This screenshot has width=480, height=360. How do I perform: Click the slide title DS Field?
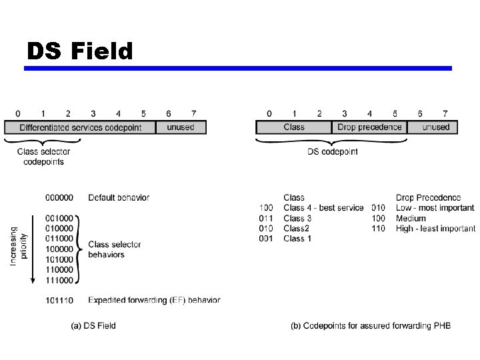click(x=80, y=51)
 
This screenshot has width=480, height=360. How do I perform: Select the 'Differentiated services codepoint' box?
click(x=80, y=127)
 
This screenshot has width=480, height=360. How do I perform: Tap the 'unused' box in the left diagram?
click(x=181, y=127)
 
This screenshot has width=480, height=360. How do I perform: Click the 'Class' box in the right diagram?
click(x=293, y=127)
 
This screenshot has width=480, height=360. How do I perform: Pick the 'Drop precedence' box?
click(x=369, y=127)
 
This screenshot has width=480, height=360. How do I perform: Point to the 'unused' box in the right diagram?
click(x=435, y=127)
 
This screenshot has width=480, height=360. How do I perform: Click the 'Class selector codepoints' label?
click(x=43, y=157)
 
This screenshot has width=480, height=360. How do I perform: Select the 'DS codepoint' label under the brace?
click(x=332, y=152)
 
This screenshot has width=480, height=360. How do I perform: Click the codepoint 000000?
click(x=59, y=197)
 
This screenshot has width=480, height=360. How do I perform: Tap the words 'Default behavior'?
click(x=119, y=197)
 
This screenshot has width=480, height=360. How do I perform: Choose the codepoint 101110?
click(x=59, y=300)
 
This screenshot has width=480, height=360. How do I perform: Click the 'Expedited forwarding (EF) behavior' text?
click(x=154, y=300)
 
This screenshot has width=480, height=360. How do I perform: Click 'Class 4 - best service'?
click(x=323, y=208)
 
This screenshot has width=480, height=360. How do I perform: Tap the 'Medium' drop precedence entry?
click(x=411, y=218)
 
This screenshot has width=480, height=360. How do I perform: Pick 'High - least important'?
click(x=435, y=228)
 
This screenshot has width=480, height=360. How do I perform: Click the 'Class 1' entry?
click(x=297, y=238)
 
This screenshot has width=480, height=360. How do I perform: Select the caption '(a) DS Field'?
click(x=93, y=326)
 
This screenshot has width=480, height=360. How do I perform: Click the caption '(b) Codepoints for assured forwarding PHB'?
click(x=371, y=326)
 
